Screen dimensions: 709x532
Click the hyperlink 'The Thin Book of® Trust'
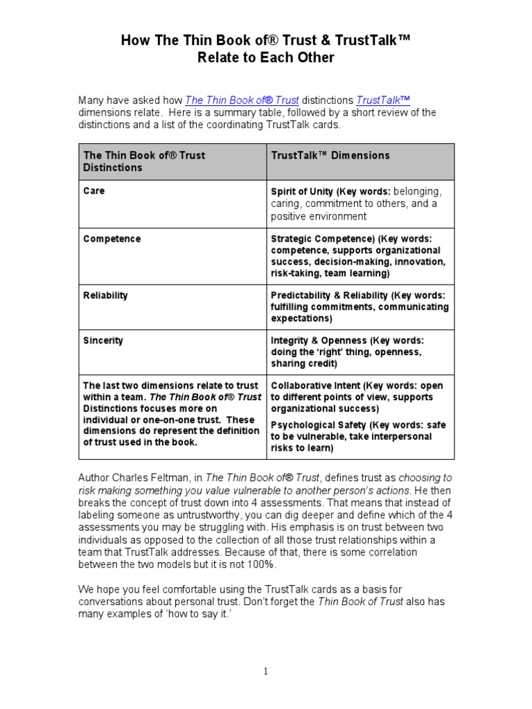click(242, 100)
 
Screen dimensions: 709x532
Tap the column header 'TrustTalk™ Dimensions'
click(330, 156)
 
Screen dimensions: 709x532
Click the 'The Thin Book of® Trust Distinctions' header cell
click(144, 161)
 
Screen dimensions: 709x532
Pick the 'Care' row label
click(94, 190)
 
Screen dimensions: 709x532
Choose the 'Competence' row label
click(112, 239)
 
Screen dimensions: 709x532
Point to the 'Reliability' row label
click(106, 296)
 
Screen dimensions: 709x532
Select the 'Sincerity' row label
click(103, 341)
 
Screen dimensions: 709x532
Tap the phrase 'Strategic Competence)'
click(319, 239)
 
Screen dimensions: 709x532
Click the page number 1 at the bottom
click(266, 671)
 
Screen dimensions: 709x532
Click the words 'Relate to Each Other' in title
click(266, 58)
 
